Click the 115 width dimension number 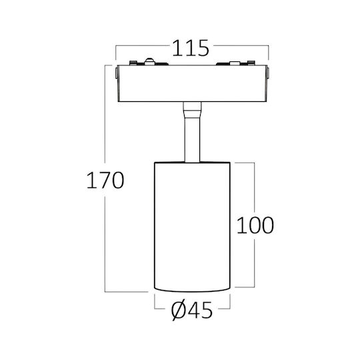pos(191,48)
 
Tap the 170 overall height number pos(105,180)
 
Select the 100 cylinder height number pos(255,225)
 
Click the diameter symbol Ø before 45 pos(178,311)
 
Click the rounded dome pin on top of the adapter pos(149,61)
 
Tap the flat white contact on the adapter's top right pos(235,63)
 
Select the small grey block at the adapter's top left pos(133,63)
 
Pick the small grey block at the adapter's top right pos(251,63)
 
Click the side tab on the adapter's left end pos(117,73)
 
